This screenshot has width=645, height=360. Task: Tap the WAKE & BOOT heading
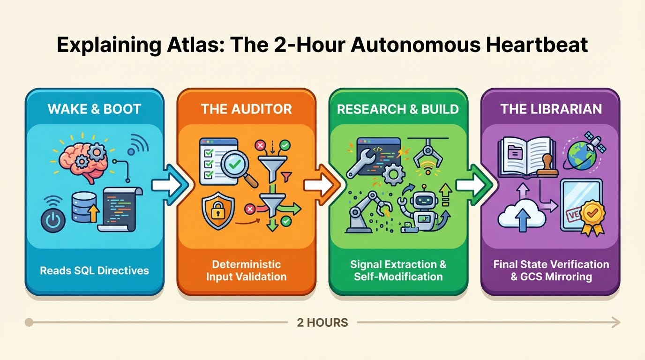94,109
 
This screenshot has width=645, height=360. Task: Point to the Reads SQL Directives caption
95,270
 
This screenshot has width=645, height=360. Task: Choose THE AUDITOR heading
246,109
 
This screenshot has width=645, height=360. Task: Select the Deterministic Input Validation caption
246,270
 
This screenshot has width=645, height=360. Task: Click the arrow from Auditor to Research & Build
322,185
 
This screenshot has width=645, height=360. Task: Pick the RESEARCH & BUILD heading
397,109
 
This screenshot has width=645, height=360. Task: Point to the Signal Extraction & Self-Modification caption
398,270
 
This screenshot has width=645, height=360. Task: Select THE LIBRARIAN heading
551,109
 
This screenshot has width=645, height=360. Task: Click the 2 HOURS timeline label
322,322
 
